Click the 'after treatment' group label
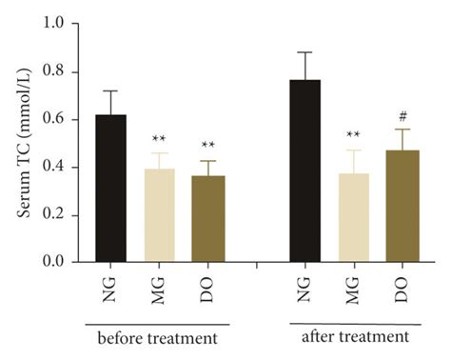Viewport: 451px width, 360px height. (x=354, y=337)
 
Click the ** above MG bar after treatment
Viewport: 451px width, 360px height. (x=354, y=135)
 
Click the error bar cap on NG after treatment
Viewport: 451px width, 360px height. (x=305, y=52)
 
